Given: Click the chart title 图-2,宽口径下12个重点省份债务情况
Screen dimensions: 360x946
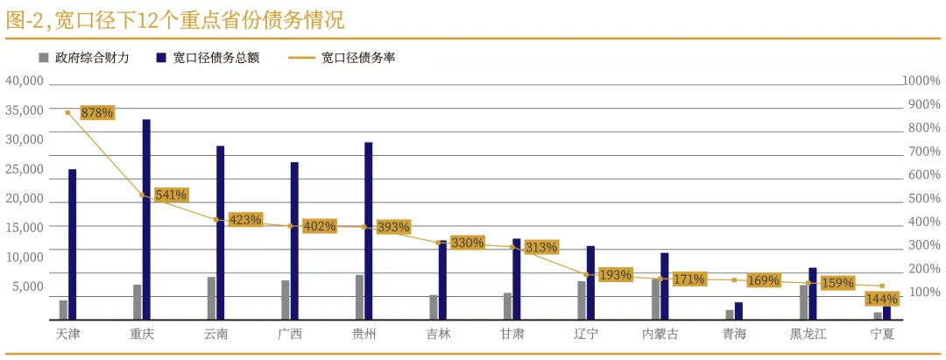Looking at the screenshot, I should [175, 19].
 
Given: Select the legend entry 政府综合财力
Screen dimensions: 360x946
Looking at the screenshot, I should [97, 58].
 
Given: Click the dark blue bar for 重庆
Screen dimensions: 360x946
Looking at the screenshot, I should [146, 219].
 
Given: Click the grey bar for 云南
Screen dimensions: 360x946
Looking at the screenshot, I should [211, 298].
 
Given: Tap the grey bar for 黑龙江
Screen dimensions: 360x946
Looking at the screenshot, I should [803, 302].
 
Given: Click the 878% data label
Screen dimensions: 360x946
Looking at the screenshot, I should [96, 113].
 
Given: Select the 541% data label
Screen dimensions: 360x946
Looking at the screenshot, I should [171, 194].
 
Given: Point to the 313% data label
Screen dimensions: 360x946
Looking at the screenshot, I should [541, 247].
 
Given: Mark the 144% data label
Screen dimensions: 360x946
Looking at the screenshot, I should [880, 299].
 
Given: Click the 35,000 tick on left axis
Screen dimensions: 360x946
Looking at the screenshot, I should [25, 110].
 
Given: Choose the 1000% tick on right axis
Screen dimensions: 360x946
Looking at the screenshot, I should [921, 81].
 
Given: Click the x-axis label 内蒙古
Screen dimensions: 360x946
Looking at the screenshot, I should [660, 334].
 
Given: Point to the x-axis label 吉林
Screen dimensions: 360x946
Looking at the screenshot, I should [438, 334].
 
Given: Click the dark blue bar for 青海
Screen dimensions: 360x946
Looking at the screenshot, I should [738, 311].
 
